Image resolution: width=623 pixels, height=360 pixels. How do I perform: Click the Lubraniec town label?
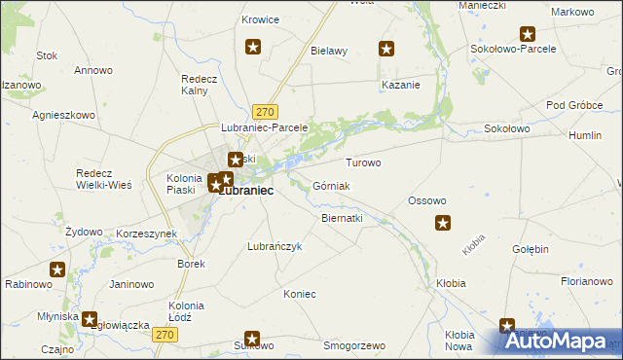(x=245, y=192)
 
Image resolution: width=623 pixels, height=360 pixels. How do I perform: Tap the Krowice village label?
(x=260, y=19)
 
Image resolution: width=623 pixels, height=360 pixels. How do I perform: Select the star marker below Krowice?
(x=254, y=46)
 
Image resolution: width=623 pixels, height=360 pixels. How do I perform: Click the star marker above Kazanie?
(x=386, y=49)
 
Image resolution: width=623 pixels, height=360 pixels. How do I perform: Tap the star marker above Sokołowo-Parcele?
(x=528, y=34)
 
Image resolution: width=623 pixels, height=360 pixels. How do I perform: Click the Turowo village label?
(x=363, y=162)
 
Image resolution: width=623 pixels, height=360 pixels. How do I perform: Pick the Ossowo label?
(x=426, y=200)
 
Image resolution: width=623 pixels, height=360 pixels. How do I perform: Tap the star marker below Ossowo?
(x=442, y=224)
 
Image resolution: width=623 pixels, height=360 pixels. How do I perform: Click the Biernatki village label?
(x=342, y=219)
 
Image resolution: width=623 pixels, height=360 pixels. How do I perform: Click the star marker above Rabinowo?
(x=57, y=270)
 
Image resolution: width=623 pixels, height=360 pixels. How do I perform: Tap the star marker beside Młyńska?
(x=90, y=317)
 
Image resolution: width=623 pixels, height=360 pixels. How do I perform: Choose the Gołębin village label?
(x=531, y=249)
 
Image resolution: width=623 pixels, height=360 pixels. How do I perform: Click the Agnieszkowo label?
(x=63, y=114)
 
